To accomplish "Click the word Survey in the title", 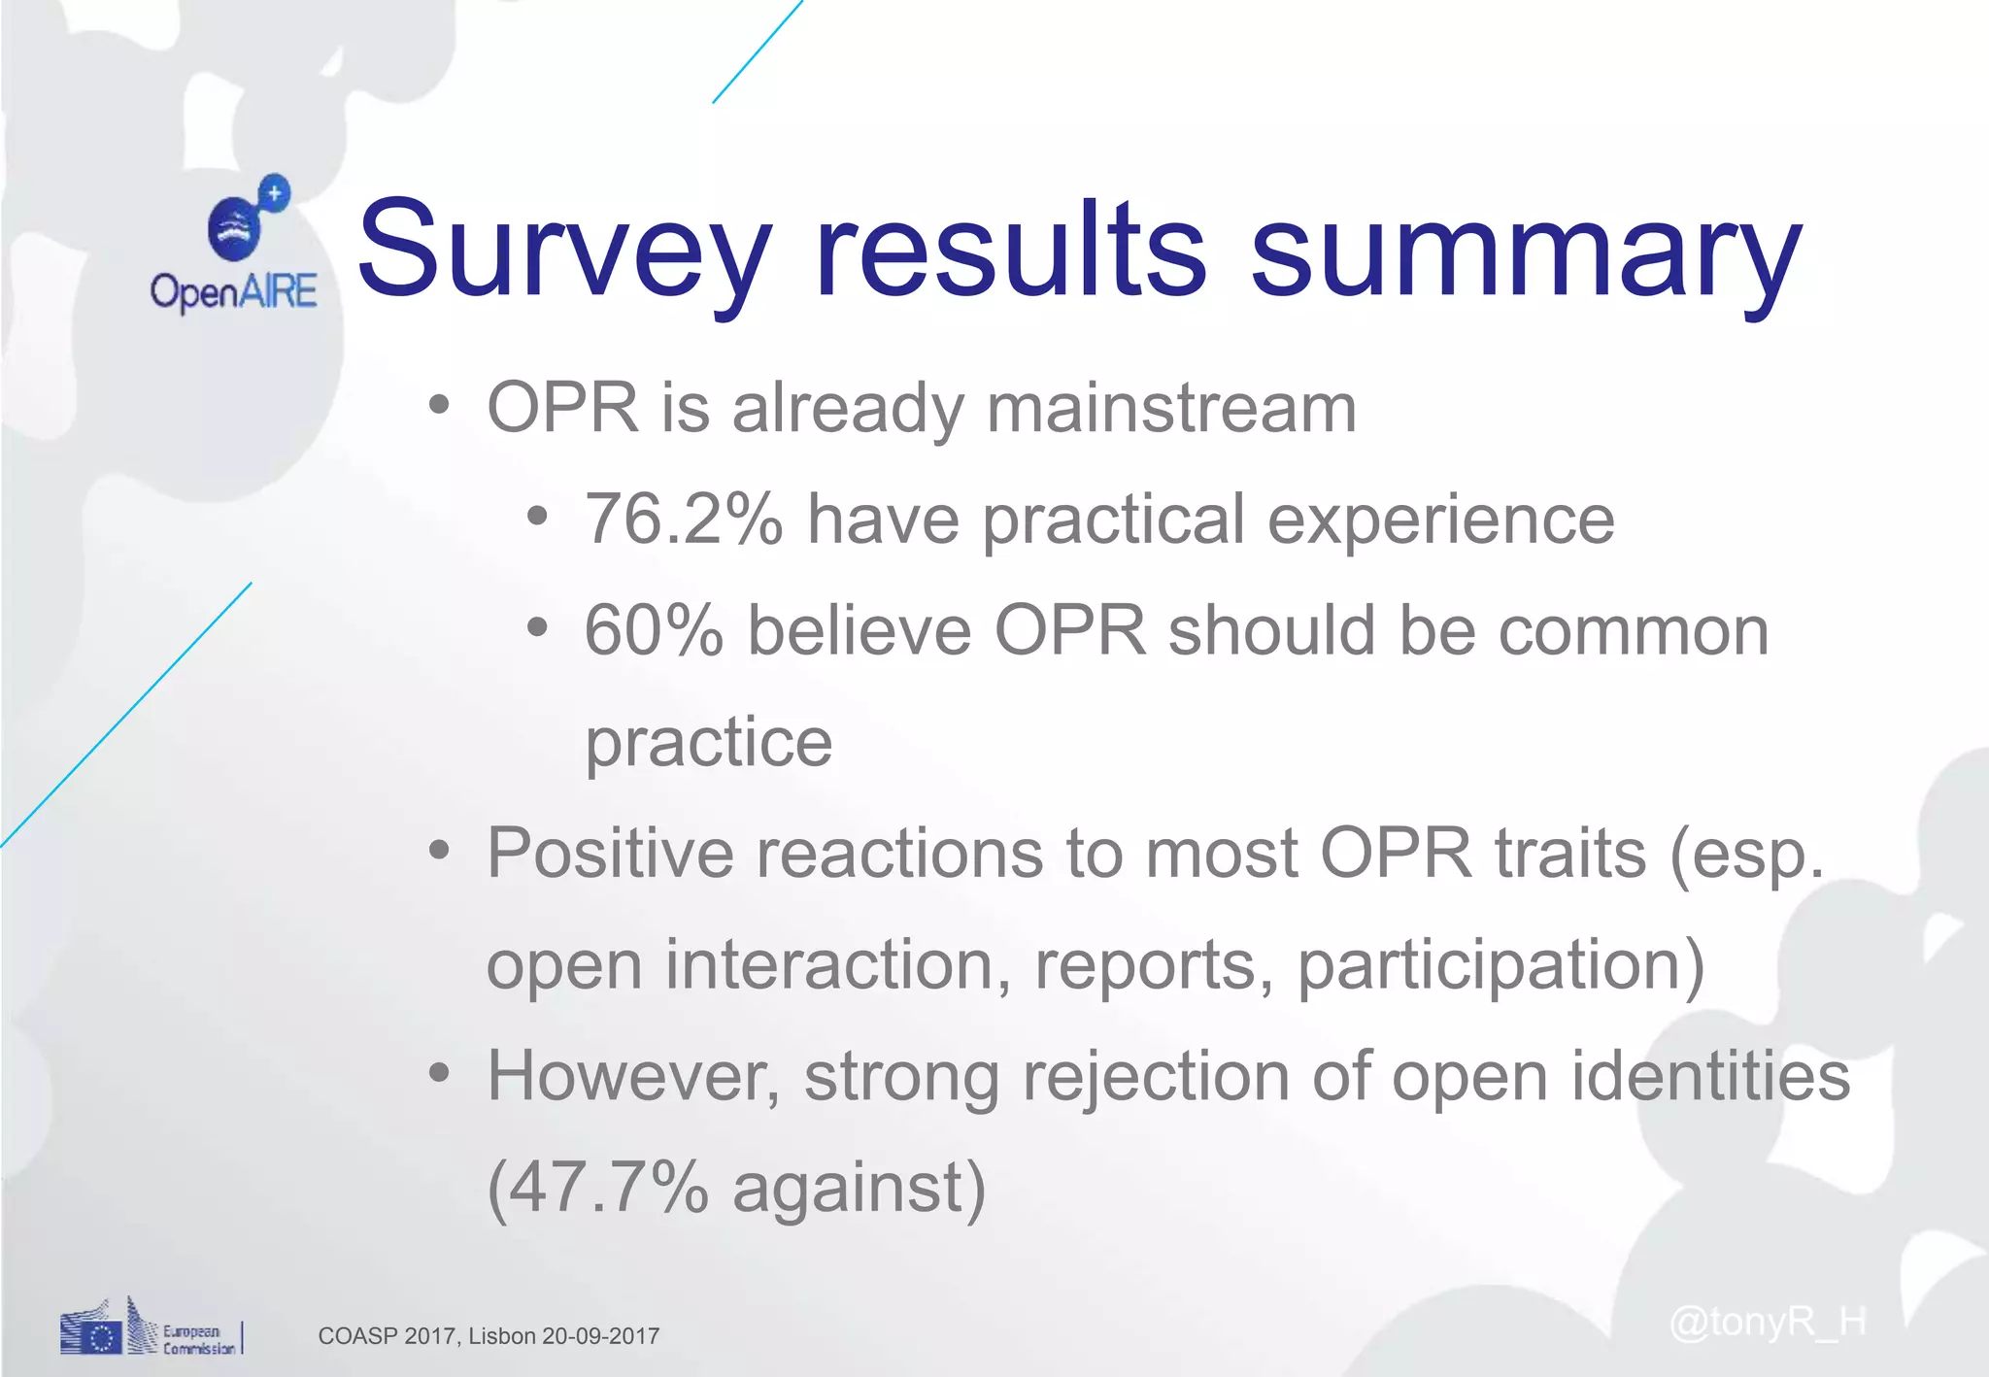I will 563,251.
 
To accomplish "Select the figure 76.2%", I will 683,520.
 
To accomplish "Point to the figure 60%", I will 654,631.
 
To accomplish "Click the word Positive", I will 610,854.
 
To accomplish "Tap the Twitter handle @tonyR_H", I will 1767,1322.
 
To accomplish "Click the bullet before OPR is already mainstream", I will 439,404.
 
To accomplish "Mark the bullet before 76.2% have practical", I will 537,516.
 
